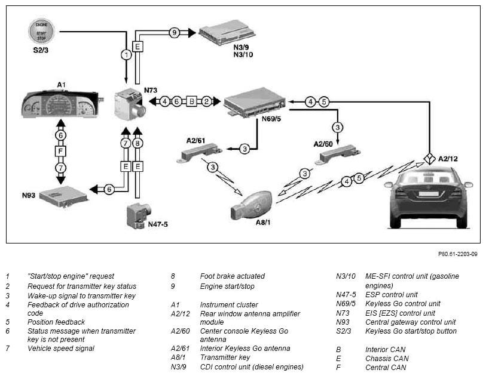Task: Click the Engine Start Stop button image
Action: pyautogui.click(x=41, y=31)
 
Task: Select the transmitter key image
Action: pyautogui.click(x=251, y=205)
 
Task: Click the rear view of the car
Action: pyautogui.click(x=429, y=197)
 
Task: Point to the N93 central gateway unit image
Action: pyautogui.click(x=64, y=196)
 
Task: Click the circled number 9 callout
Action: pyautogui.click(x=175, y=32)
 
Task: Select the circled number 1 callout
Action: pyautogui.click(x=126, y=55)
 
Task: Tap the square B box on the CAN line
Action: pyautogui.click(x=192, y=101)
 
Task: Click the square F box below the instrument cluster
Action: pyautogui.click(x=61, y=152)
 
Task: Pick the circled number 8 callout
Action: pyautogui.click(x=137, y=143)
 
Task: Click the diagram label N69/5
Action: pyautogui.click(x=271, y=119)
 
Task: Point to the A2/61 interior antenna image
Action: pyautogui.click(x=200, y=153)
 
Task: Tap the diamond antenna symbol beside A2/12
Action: pyautogui.click(x=429, y=159)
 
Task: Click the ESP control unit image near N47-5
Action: pyautogui.click(x=139, y=215)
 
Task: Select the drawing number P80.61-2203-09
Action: pyautogui.click(x=458, y=254)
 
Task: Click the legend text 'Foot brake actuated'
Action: pyautogui.click(x=232, y=276)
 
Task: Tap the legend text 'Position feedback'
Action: pyautogui.click(x=56, y=322)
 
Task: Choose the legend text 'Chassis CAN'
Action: pyautogui.click(x=387, y=358)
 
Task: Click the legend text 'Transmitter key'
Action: pyautogui.click(x=225, y=357)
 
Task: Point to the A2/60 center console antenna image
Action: pyautogui.click(x=338, y=155)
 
